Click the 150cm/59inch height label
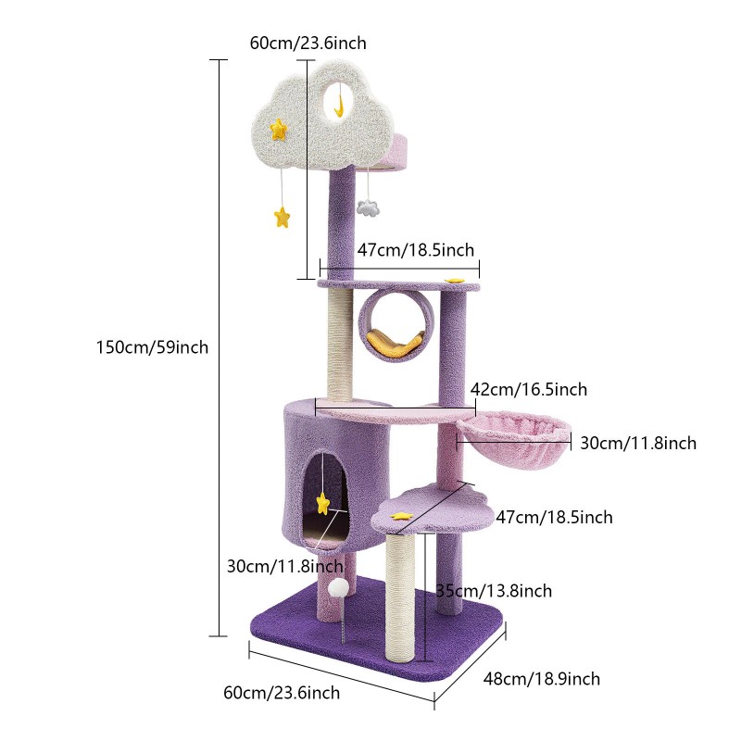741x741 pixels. tap(152, 347)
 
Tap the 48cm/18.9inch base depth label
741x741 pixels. tap(542, 679)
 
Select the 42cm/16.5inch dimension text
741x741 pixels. tap(529, 389)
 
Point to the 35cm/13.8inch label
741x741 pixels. tap(494, 591)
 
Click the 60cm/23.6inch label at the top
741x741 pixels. tap(308, 43)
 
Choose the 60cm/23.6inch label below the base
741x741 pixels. tap(282, 693)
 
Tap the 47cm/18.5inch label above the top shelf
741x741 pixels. tap(415, 249)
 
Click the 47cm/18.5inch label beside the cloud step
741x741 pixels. tap(554, 517)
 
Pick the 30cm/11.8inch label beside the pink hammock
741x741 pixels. tap(638, 443)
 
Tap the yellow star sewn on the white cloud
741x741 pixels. tap(279, 129)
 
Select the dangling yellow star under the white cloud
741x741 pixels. tap(283, 217)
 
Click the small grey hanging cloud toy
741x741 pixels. tap(368, 207)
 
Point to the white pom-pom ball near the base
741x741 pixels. tap(339, 588)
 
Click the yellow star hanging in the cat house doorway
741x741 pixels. tap(323, 503)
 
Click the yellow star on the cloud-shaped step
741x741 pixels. tap(401, 516)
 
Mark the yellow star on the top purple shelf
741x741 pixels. tap(455, 281)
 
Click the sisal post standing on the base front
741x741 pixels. tap(400, 597)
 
